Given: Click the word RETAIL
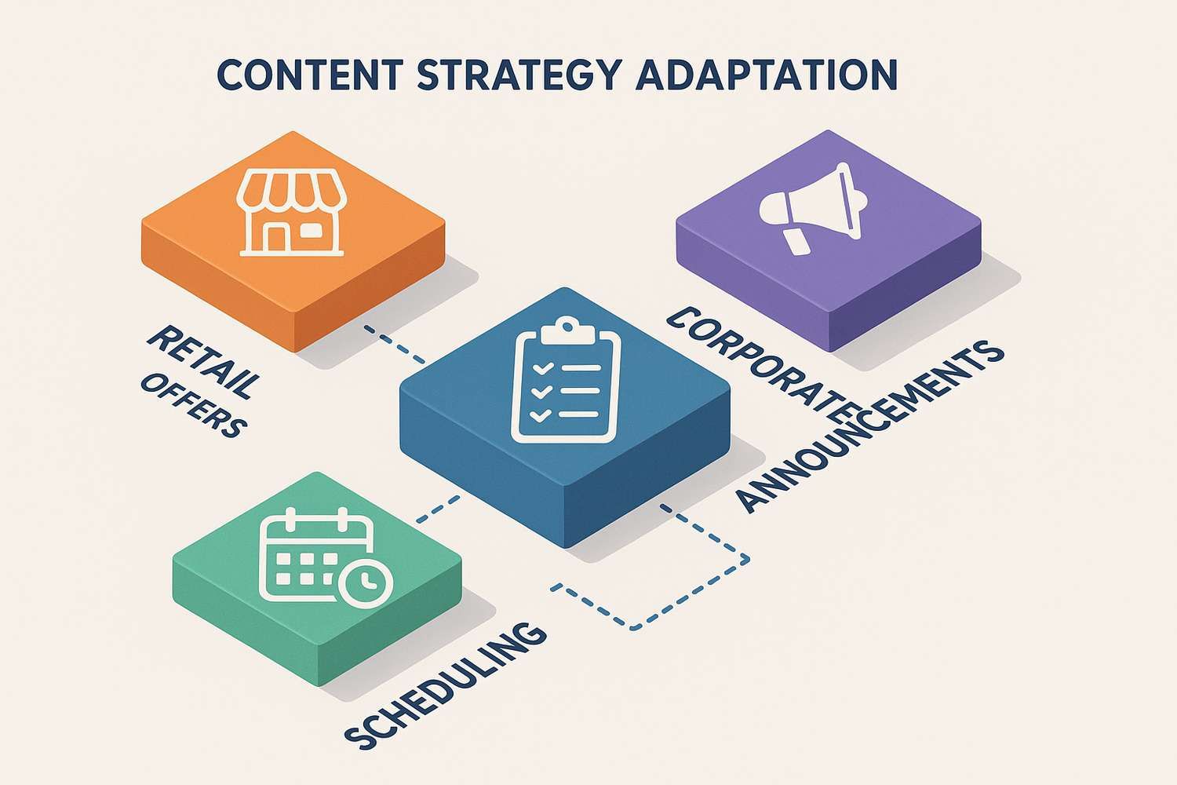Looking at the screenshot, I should (x=202, y=359).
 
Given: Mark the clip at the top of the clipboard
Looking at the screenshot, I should (x=565, y=328).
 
